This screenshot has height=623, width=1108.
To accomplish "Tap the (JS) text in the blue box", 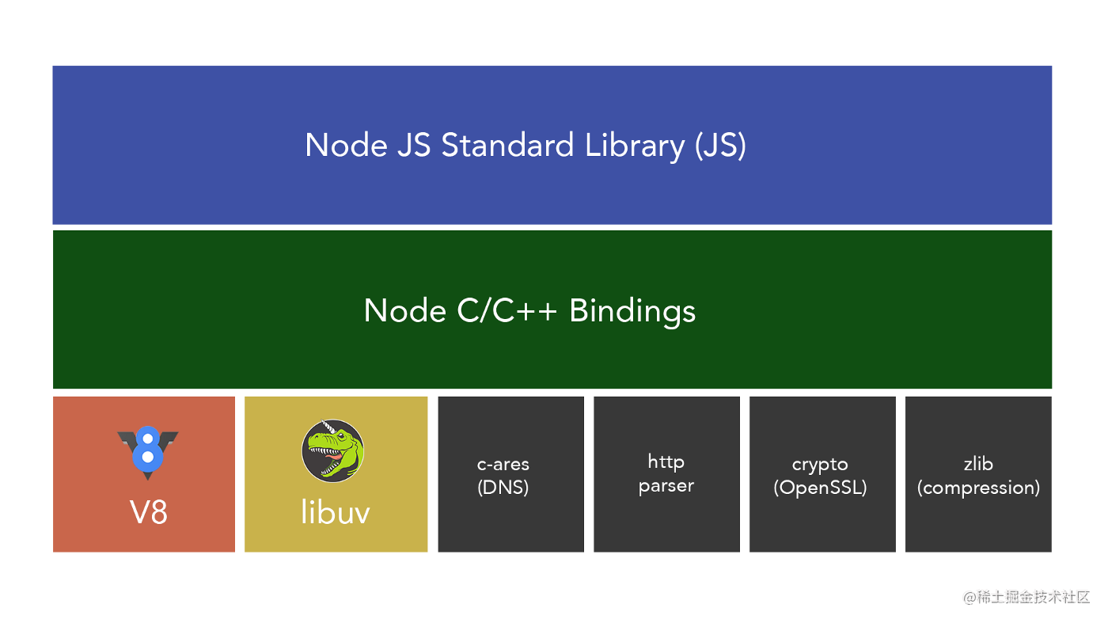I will pyautogui.click(x=720, y=146).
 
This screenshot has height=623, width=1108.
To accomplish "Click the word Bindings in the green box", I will pyautogui.click(x=632, y=310).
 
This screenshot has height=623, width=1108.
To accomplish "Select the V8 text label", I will pyautogui.click(x=148, y=513).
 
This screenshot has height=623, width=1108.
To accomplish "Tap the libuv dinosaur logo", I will pyautogui.click(x=333, y=450).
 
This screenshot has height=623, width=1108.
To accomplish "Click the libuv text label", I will pyautogui.click(x=336, y=513).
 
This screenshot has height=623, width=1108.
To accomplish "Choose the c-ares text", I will pyautogui.click(x=503, y=464).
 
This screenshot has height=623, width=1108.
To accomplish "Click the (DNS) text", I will pyautogui.click(x=503, y=487).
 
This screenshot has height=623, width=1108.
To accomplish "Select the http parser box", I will pyautogui.click(x=666, y=473).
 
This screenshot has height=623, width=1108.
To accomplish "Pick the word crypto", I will pyautogui.click(x=820, y=464).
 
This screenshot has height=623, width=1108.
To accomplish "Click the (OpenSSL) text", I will pyautogui.click(x=820, y=487).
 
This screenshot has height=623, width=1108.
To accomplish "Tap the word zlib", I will pyautogui.click(x=978, y=464).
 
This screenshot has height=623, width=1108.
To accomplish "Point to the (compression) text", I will pyautogui.click(x=978, y=487).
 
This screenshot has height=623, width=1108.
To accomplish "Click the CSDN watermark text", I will pyautogui.click(x=970, y=608).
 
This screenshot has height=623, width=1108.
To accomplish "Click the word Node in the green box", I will pyautogui.click(x=405, y=310).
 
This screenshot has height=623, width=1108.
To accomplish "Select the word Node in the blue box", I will pyautogui.click(x=345, y=146).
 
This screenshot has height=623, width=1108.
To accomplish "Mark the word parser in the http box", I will pyautogui.click(x=666, y=485).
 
